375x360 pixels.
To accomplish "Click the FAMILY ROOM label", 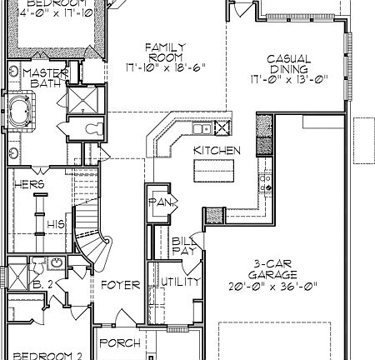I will [163, 51].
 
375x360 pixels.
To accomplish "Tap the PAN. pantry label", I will [158, 202].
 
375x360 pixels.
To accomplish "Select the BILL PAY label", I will [183, 245].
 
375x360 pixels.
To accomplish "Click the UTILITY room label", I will [180, 282].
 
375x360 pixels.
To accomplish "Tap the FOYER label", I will [120, 285].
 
